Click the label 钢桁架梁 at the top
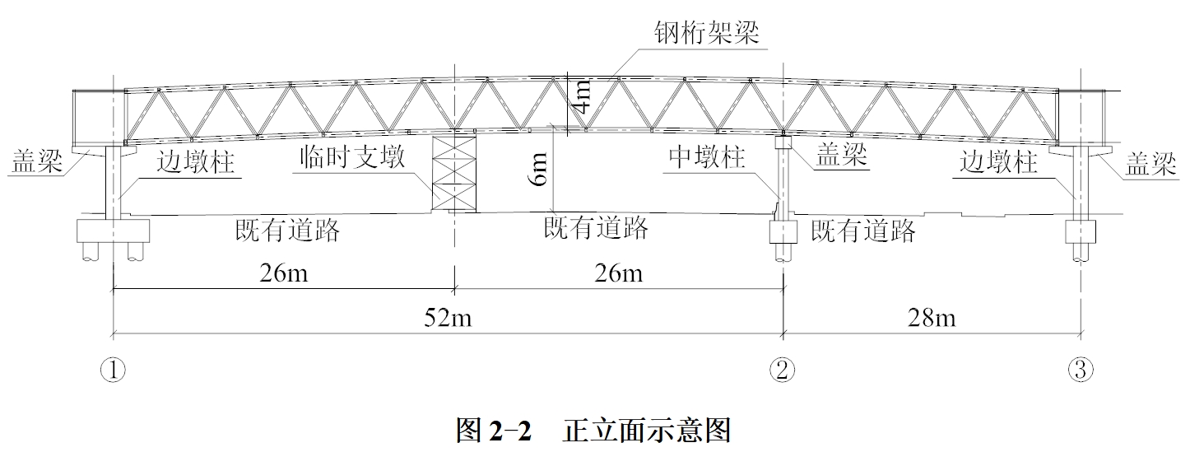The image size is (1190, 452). click(706, 32)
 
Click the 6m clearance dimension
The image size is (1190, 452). click(539, 170)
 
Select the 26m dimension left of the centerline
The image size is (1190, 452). click(283, 273)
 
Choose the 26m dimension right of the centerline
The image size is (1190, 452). click(619, 273)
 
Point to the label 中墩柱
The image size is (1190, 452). click(706, 158)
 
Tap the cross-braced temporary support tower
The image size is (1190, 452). click(453, 175)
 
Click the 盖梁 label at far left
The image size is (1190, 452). click(37, 162)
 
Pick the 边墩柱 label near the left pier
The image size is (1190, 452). click(196, 162)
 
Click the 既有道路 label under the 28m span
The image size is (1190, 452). click(863, 231)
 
